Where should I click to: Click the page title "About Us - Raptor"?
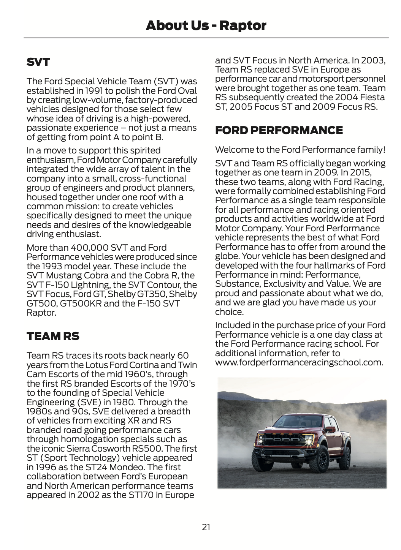tap(206, 25)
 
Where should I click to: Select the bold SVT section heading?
tap(38, 62)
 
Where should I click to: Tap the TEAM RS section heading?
tap(53, 336)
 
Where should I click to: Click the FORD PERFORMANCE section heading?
tap(279, 130)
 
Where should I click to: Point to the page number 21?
tap(206, 527)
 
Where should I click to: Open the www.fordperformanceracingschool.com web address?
tap(299, 362)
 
